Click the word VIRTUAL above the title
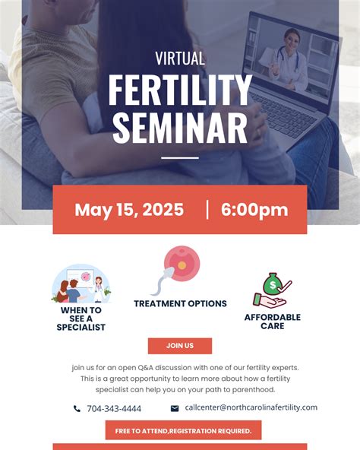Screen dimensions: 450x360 180,59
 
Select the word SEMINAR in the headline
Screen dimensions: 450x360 180,128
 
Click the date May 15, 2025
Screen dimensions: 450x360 129,210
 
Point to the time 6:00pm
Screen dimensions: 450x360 254,210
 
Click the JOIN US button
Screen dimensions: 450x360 180,346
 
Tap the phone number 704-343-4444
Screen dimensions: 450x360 114,409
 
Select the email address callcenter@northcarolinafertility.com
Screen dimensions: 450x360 251,407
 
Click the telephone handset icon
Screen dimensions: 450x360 77,409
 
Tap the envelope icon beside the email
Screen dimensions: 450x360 175,408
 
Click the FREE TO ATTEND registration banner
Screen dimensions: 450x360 183,431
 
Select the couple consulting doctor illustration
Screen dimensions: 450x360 81,284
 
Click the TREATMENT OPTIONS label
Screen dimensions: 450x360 180,304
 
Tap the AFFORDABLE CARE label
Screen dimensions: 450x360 272,322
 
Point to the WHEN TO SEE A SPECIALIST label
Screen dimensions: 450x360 81,318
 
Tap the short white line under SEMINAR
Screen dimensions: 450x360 180,158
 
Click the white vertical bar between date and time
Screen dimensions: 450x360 207,210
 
